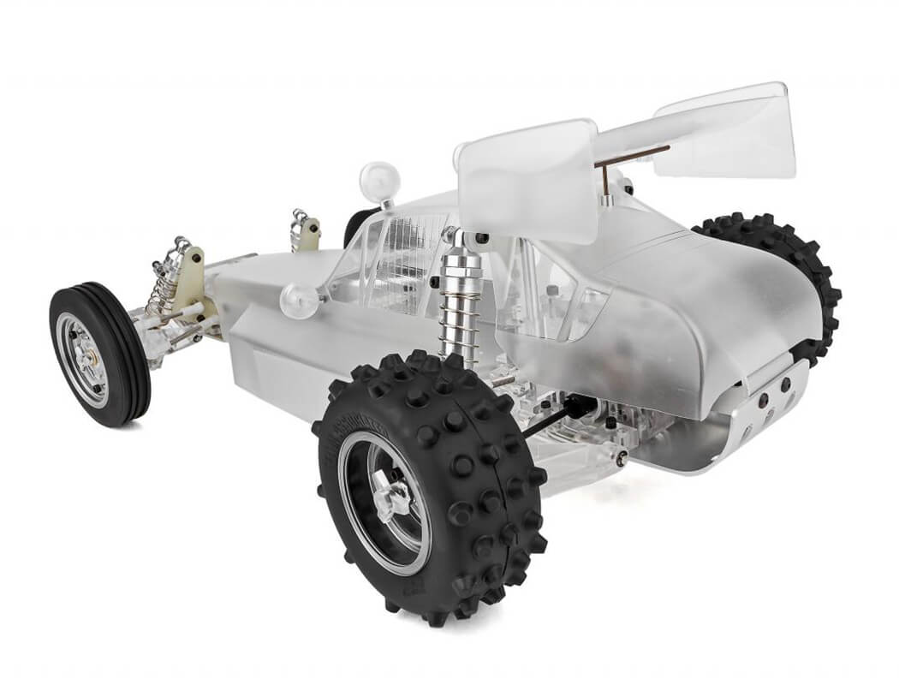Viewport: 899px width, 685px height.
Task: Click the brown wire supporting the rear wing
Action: tap(634, 154)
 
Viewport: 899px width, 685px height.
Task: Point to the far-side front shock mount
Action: tap(305, 227)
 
